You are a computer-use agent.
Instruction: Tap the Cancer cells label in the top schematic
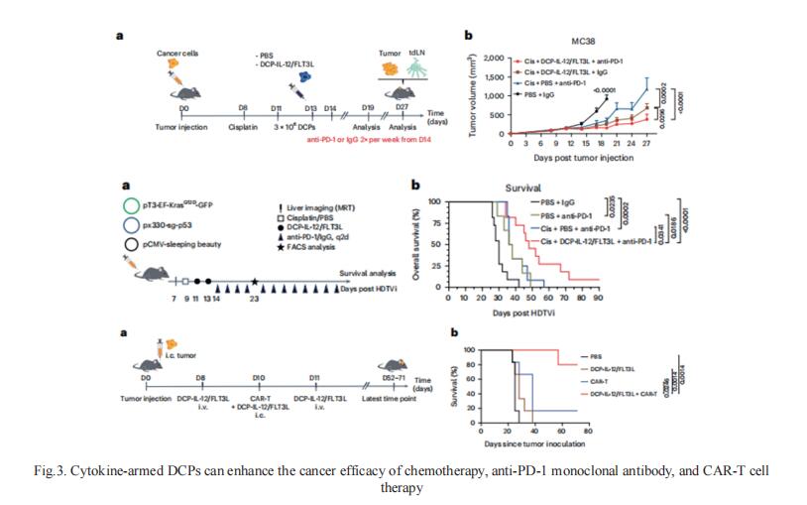175,51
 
